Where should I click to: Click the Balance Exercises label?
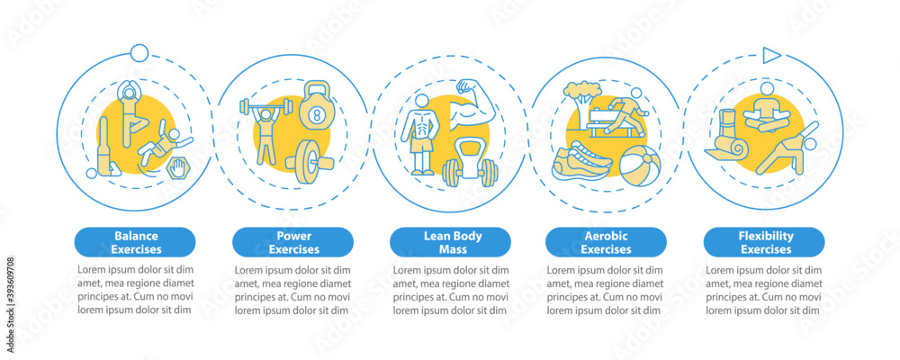[x=135, y=242]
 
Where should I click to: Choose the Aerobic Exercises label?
[x=607, y=242]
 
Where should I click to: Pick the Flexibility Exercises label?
[x=763, y=242]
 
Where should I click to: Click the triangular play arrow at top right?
[x=770, y=56]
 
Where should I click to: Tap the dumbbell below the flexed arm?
[x=471, y=170]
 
